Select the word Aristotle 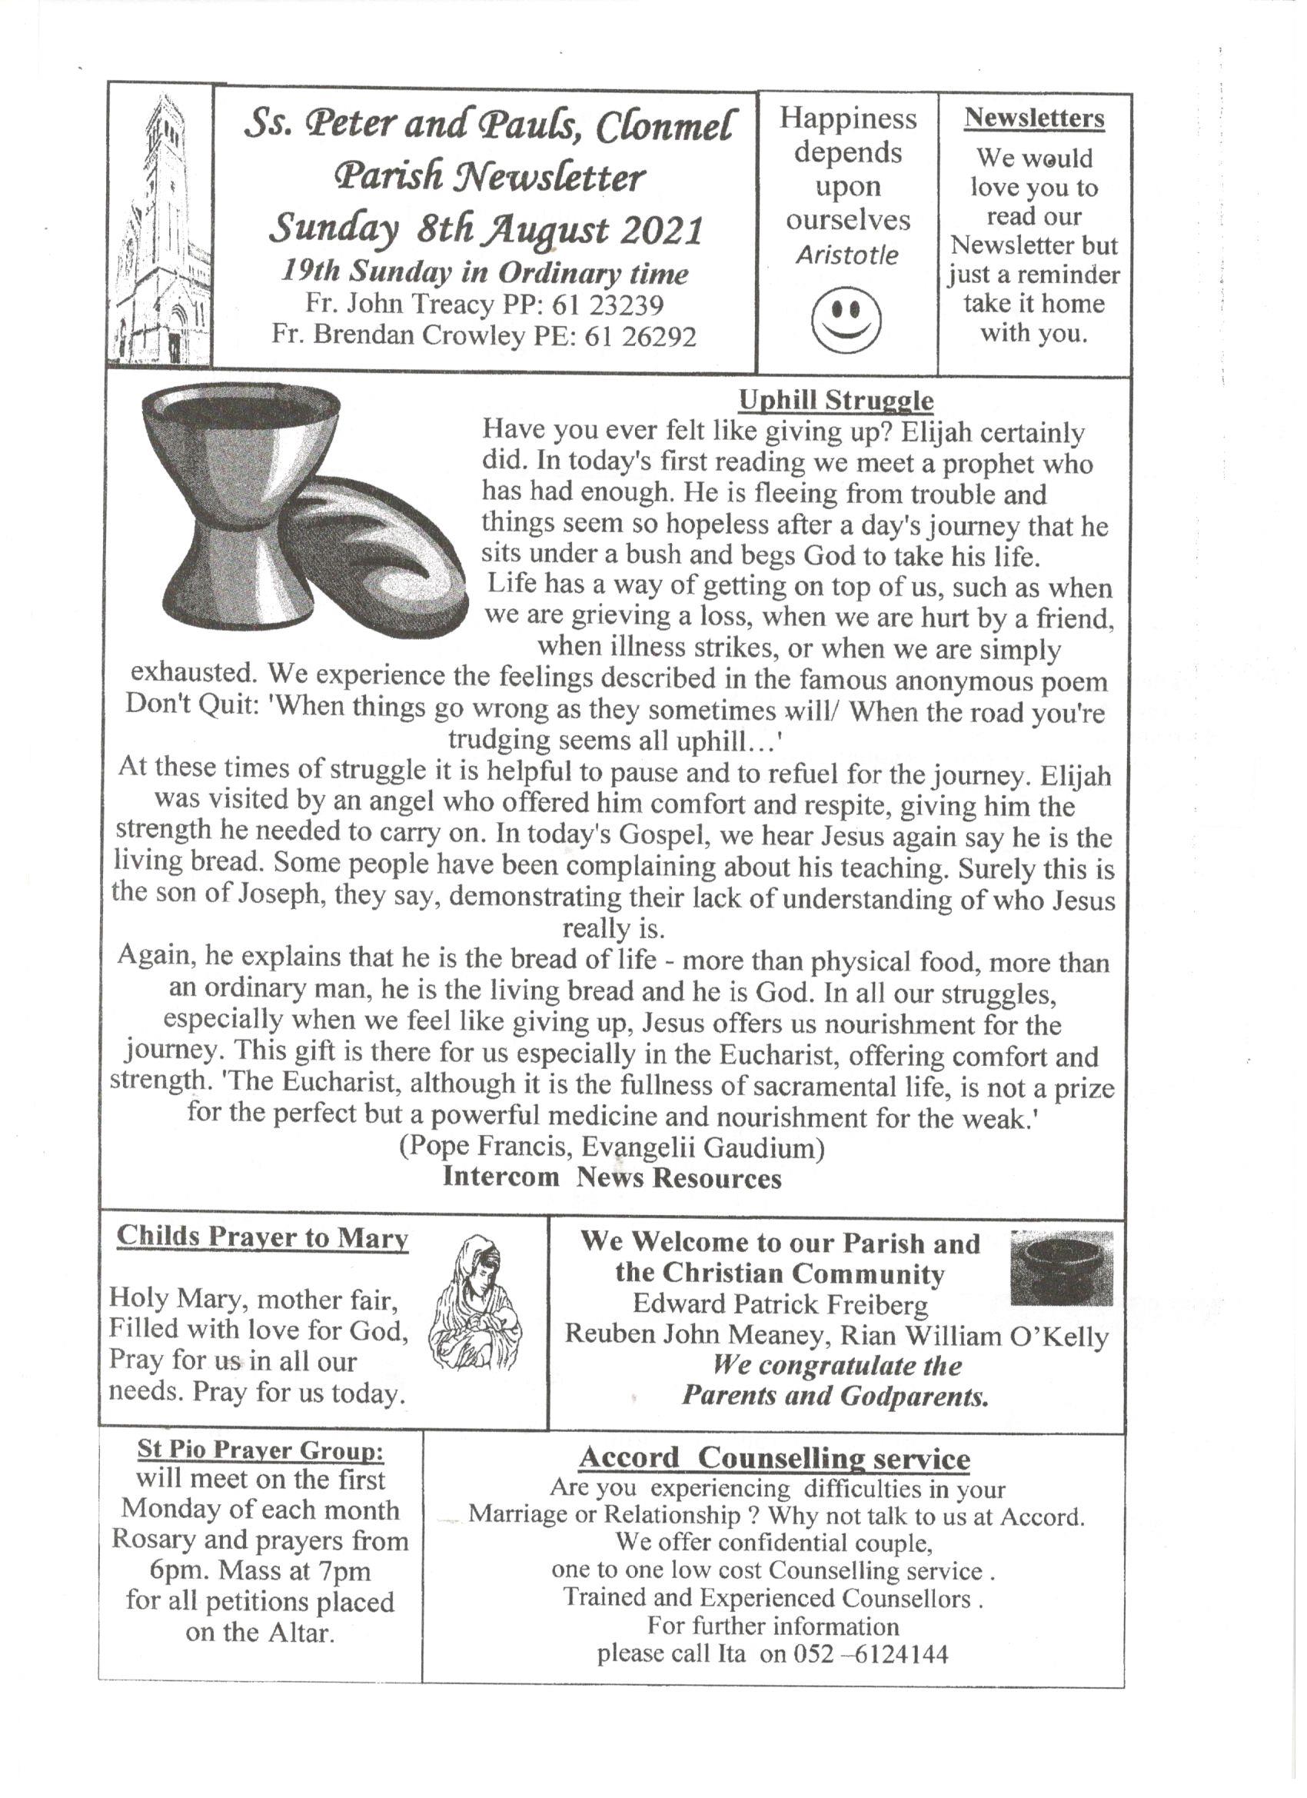point(847,255)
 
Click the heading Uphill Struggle point(836,401)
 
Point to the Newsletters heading point(1033,119)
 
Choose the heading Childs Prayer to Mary point(262,1237)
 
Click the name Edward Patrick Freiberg point(780,1304)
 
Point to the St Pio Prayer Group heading point(261,1450)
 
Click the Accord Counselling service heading point(773,1458)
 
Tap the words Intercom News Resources point(611,1177)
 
